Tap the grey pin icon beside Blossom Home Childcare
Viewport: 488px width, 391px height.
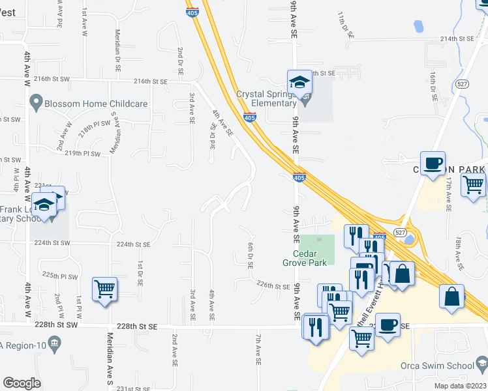[36, 103]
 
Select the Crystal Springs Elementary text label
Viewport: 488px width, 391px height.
[266, 98]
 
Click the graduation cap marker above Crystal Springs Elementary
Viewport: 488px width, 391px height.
[299, 82]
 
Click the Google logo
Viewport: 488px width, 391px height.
[22, 383]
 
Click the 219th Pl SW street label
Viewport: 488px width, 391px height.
[82, 154]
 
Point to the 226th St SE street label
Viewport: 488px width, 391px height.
[273, 285]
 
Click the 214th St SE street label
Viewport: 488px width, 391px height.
[457, 39]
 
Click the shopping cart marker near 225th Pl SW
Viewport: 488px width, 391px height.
[105, 289]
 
